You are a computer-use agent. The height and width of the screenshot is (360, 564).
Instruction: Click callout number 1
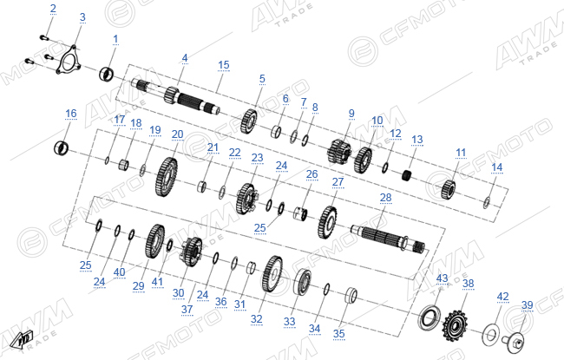coord(115,39)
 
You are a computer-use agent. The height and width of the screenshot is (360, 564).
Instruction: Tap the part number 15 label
coord(223,65)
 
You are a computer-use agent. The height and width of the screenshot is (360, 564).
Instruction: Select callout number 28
coord(385,198)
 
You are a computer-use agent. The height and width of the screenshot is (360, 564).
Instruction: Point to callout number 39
coord(528,305)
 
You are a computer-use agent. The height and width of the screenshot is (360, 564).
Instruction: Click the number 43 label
coord(442,278)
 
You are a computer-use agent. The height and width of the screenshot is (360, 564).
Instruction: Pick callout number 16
coord(71,114)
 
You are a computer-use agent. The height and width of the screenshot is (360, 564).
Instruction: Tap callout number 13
coord(416,140)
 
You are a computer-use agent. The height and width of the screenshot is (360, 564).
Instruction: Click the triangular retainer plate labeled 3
coord(68,60)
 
